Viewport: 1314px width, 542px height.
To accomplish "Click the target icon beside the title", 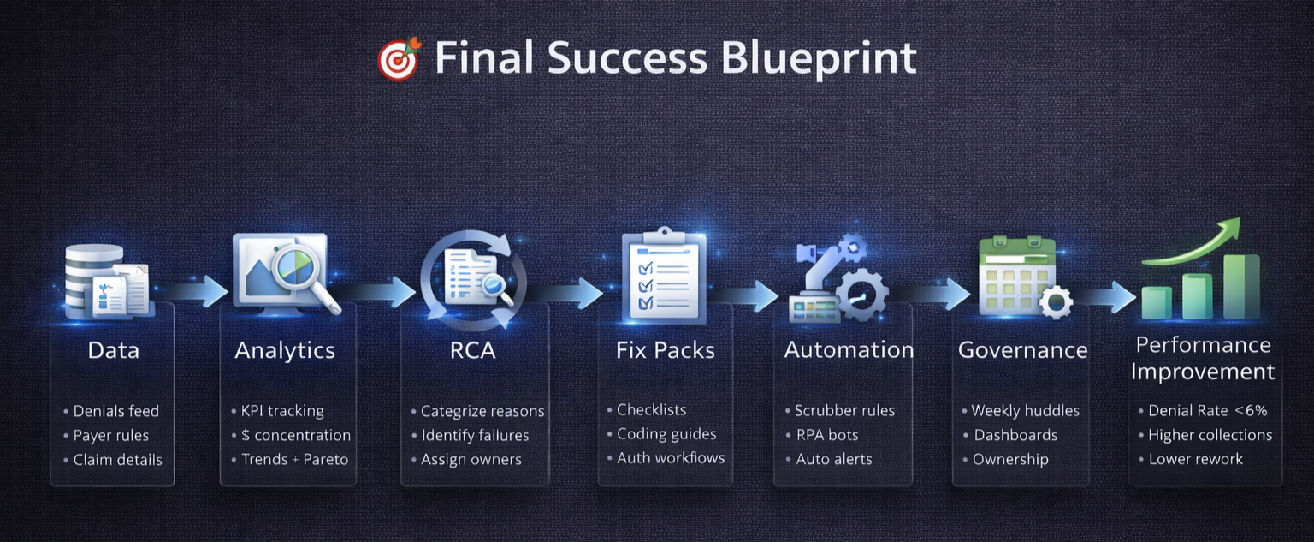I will pos(400,59).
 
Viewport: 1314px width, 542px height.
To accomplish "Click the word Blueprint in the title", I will pos(819,59).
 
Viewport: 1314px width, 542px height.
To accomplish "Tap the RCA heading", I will pos(473,350).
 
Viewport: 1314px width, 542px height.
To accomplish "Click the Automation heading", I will pos(849,350).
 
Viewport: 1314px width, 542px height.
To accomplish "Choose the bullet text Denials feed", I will pos(116,411).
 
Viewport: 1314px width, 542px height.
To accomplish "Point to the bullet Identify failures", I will pos(475,435).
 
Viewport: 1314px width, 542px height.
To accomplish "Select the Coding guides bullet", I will pos(666,434).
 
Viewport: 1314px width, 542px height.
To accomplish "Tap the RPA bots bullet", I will pos(827,435).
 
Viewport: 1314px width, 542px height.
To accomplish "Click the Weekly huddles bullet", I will pos(1025,411).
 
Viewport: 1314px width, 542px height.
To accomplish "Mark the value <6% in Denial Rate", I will pos(1251,411).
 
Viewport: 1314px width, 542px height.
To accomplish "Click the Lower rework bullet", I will pos(1196,459).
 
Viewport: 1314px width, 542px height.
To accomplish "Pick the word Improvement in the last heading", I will pos(1203,372).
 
